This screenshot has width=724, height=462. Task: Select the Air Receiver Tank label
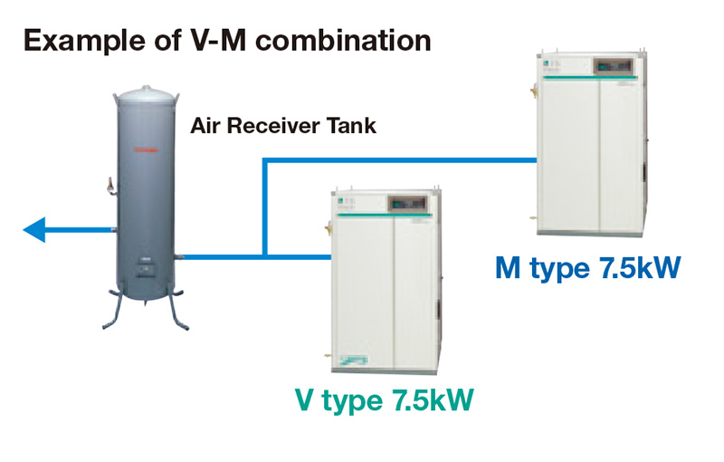point(282,127)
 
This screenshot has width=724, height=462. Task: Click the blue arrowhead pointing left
point(33,230)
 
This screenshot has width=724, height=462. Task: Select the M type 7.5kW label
point(588,269)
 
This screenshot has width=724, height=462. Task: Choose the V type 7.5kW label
point(385,399)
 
